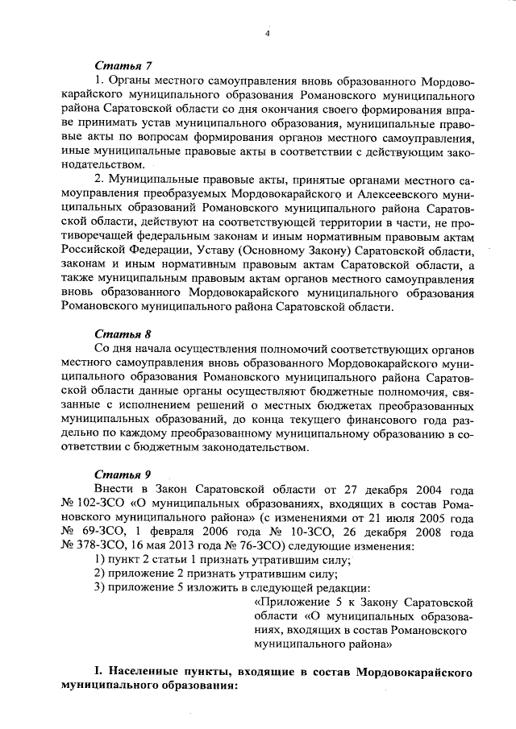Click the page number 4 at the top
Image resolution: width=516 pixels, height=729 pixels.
[x=267, y=33]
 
